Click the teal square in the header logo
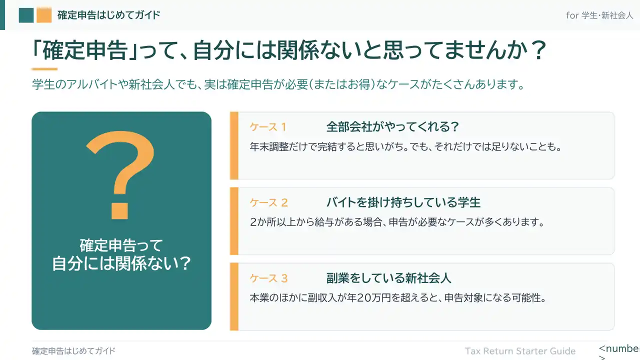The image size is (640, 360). point(26,15)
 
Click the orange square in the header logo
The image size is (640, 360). point(44,15)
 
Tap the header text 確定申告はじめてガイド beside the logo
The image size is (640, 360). point(109,15)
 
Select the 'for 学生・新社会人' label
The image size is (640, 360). point(599,15)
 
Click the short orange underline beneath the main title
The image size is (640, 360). point(44,69)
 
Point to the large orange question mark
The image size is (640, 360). point(120,175)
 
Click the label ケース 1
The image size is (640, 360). point(268,127)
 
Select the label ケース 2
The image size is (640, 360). point(268,202)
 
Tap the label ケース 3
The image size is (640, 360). point(268,278)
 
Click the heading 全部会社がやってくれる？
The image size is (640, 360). point(393,126)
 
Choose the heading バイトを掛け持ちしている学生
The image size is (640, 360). point(403,202)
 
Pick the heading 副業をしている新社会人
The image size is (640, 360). point(389,278)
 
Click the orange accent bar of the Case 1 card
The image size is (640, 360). point(234,145)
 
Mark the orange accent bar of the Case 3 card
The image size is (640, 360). point(234,297)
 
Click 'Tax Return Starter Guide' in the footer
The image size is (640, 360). point(520,351)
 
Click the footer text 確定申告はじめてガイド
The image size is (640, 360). point(73,351)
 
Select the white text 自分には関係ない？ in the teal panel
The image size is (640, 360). point(121,263)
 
